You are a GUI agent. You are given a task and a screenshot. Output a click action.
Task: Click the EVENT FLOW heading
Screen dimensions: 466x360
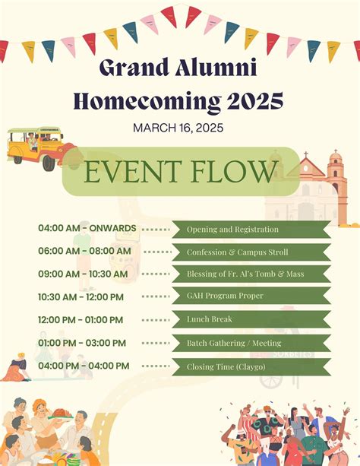pos(180,171)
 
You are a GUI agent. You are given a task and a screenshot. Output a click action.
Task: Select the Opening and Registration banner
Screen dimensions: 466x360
pos(251,229)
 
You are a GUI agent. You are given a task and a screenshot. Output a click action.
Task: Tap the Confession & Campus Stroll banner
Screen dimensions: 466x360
pos(251,252)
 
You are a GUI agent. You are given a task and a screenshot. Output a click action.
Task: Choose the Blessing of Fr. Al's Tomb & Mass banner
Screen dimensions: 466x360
pos(251,274)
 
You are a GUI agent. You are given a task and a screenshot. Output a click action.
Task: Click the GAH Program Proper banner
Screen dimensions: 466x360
pos(251,296)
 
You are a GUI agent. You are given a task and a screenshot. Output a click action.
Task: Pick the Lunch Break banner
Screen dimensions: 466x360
pos(251,320)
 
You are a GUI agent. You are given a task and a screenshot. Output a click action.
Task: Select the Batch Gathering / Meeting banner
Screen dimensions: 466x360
pos(251,343)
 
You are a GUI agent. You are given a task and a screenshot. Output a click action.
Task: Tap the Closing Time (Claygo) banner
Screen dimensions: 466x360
pos(251,366)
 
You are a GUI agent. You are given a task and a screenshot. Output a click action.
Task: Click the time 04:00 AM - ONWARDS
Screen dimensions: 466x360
pos(87,228)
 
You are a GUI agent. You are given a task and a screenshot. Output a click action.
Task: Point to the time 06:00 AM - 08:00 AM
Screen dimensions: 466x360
pos(84,251)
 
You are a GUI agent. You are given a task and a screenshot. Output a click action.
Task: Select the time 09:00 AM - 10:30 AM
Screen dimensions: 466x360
pos(84,274)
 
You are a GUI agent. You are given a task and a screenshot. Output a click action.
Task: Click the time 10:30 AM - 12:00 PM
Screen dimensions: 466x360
pos(81,296)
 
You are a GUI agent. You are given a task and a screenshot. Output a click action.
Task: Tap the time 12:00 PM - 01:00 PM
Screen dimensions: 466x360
pos(80,320)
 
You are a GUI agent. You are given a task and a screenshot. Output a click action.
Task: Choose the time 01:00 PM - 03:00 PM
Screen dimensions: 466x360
pos(80,343)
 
